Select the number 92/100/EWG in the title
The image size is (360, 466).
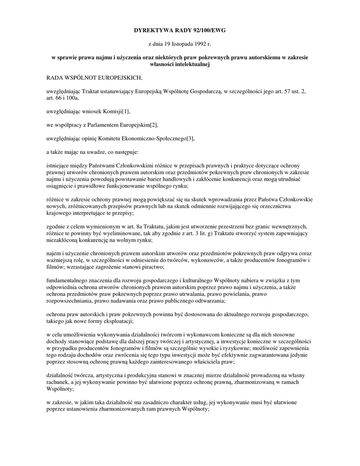point(207,30)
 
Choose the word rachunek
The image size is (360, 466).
point(60,382)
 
